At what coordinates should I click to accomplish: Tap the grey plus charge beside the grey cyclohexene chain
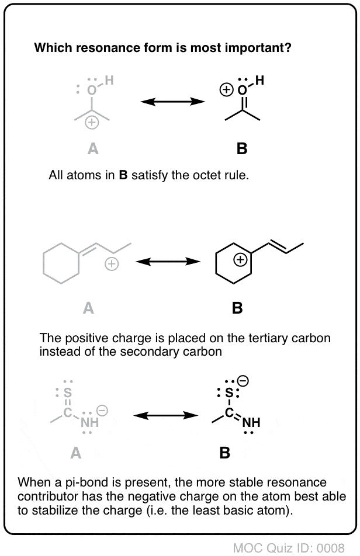[x=110, y=265]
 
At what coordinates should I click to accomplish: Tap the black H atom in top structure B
[x=259, y=82]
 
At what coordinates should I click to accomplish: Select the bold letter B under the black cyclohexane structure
[x=237, y=308]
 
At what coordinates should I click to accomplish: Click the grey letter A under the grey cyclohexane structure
[x=88, y=308]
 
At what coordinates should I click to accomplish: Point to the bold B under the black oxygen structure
[x=242, y=149]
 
